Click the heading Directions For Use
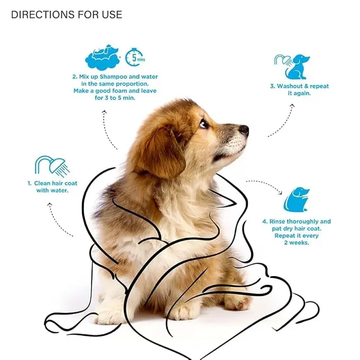click(x=66, y=14)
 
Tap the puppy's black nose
click(x=243, y=129)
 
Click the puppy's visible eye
click(x=204, y=124)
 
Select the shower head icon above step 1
click(x=51, y=165)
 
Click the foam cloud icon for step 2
click(x=101, y=58)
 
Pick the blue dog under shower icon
click(x=292, y=66)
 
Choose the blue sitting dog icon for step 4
click(x=296, y=199)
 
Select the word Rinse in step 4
click(x=281, y=222)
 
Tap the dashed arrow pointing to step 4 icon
click(x=265, y=186)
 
